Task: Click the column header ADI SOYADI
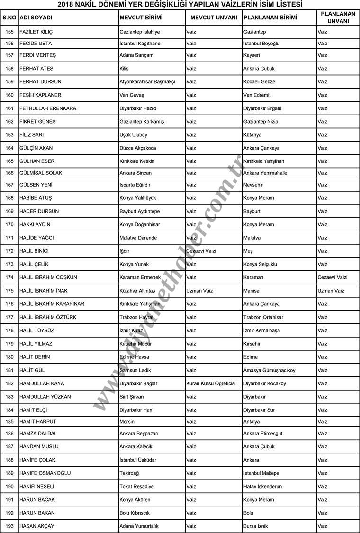coord(36,18)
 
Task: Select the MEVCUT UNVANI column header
coord(213,18)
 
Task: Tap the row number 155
coord(9,32)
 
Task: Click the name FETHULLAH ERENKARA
coord(48,108)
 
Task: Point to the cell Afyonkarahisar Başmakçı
coord(147,82)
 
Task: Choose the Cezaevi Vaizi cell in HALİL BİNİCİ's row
coord(201,251)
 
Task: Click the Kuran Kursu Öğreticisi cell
coord(211,383)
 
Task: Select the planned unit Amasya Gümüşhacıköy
coord(269,370)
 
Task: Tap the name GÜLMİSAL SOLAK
coord(41,173)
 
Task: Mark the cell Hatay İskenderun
coord(262,486)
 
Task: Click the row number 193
coord(9,526)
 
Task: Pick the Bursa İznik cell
coord(256,526)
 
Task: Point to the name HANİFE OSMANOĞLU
coord(45,473)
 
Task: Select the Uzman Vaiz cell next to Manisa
coord(331,291)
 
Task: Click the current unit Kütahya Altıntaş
coord(137,291)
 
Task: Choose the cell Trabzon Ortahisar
coord(263,317)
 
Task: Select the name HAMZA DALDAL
coord(38,433)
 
